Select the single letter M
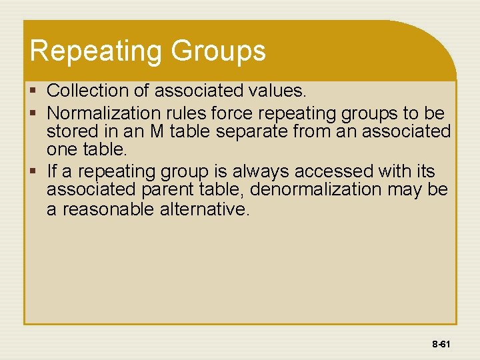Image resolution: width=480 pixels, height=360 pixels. (157, 131)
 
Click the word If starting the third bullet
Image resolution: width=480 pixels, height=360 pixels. (53, 171)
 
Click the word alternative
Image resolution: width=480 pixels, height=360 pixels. (204, 210)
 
